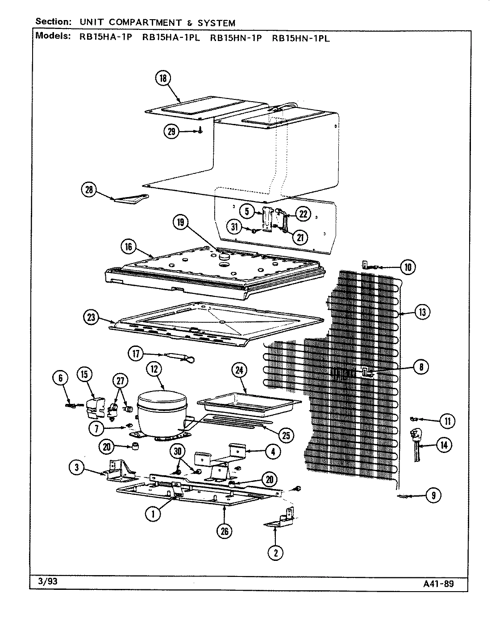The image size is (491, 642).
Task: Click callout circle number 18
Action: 163,78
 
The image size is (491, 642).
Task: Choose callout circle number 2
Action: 275,553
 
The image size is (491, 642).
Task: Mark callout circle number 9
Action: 433,495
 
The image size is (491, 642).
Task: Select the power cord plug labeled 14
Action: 418,442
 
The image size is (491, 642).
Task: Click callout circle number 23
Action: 92,317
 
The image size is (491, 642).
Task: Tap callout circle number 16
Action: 129,246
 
